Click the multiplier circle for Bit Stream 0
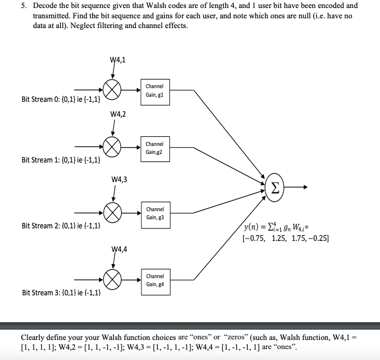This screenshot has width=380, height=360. tap(113, 90)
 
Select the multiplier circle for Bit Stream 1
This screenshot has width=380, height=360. tap(113, 147)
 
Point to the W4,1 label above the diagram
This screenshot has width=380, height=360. tap(117, 60)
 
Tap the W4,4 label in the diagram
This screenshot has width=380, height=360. tap(117, 249)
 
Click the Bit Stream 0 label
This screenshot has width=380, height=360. tap(61, 100)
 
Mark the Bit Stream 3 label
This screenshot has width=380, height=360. tap(61, 292)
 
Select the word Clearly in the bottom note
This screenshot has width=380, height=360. tap(34, 337)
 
